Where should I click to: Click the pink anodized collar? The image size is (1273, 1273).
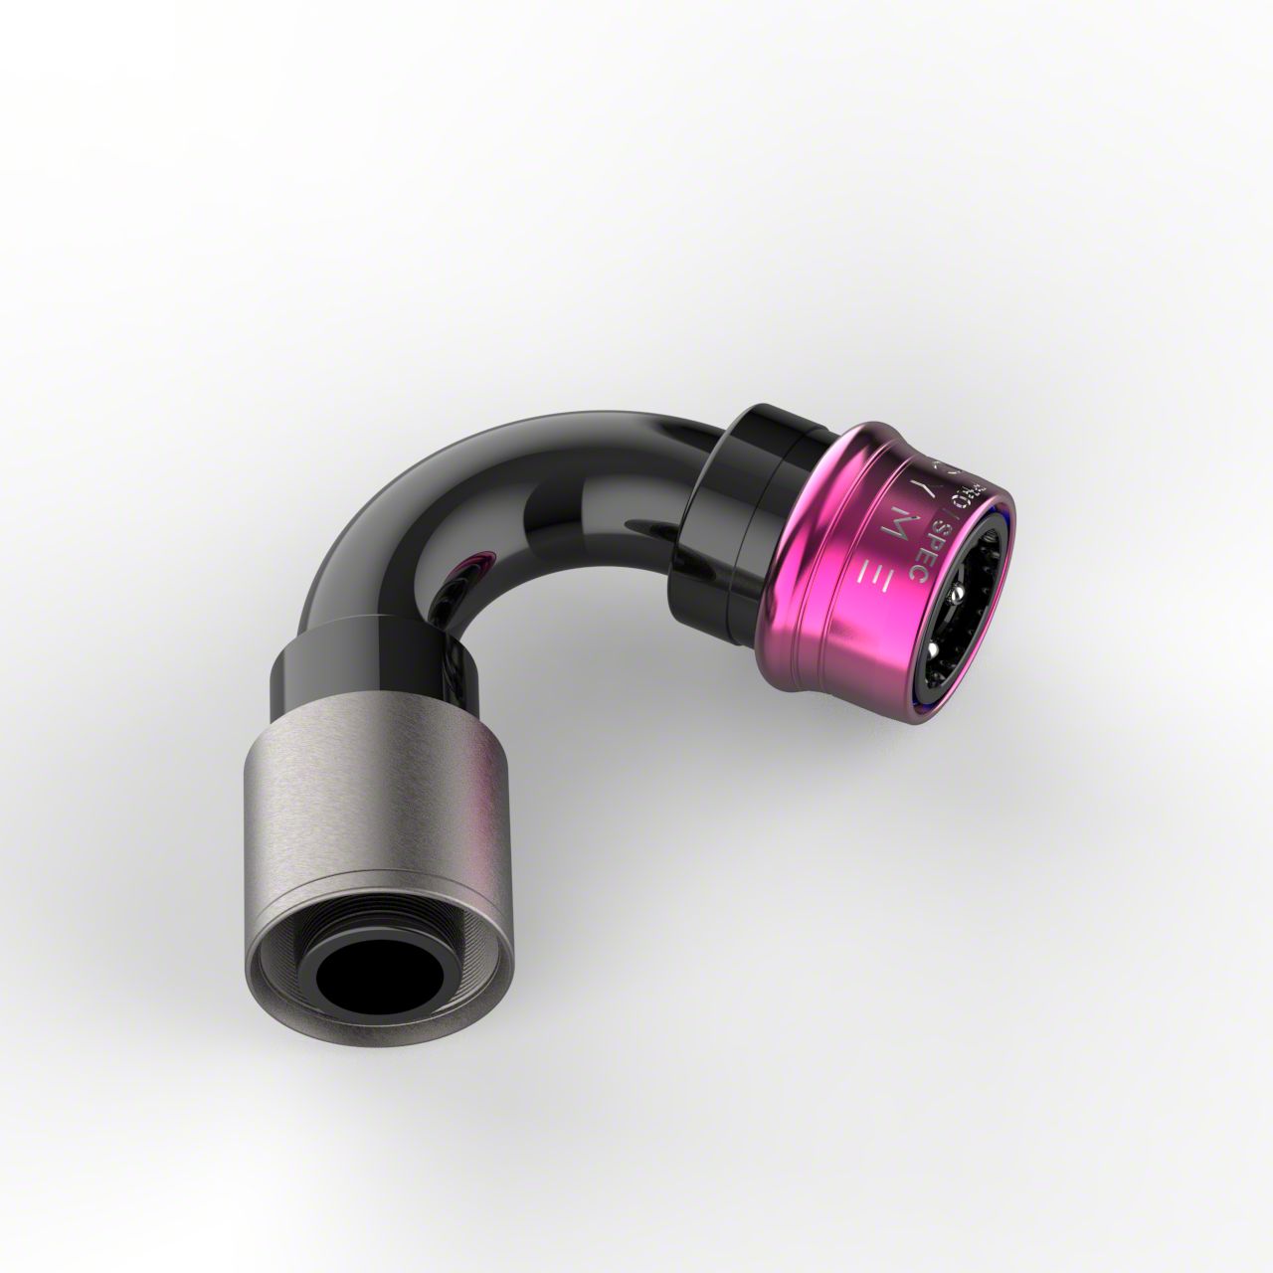click(x=845, y=557)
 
